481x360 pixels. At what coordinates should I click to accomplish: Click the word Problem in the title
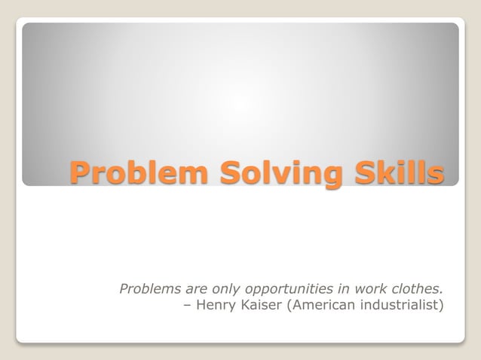139,172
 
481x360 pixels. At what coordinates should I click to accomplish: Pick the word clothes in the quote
419,288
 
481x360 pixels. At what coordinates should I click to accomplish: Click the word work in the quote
375,288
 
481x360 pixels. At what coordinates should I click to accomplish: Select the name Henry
214,306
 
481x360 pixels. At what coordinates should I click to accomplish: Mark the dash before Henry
188,306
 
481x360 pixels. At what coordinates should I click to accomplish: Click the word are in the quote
195,288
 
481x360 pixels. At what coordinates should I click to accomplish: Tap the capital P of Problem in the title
79,172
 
